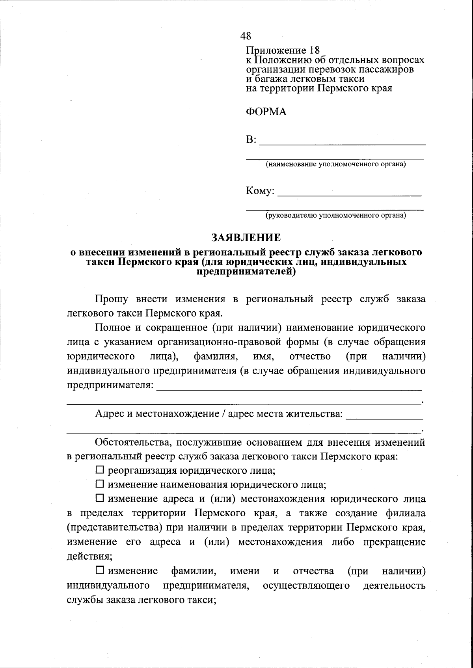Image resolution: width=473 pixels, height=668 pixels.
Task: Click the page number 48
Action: (x=246, y=36)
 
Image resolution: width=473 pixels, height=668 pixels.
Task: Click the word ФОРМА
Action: (x=266, y=112)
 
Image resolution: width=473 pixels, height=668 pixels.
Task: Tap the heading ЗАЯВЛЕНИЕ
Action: (x=246, y=238)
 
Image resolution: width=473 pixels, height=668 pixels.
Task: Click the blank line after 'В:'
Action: (x=343, y=143)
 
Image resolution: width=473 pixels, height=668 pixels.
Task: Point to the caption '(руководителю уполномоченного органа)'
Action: (x=335, y=215)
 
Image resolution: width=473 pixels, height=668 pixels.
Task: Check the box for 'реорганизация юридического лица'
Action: (x=100, y=470)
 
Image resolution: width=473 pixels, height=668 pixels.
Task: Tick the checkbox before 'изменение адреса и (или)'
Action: (x=100, y=499)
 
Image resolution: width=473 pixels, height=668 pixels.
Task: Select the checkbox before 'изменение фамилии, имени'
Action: (x=100, y=570)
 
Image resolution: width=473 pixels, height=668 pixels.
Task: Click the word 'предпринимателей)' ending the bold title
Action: (x=246, y=272)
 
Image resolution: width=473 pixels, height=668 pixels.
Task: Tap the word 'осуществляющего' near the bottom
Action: (x=306, y=585)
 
